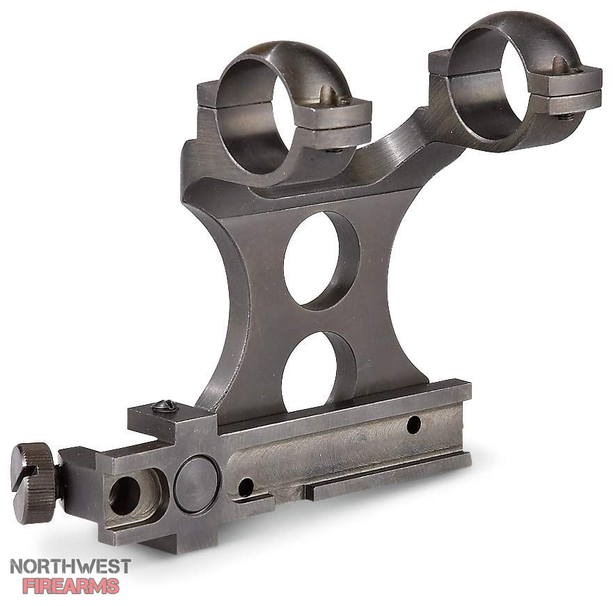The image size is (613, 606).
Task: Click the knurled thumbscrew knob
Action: point(33,483)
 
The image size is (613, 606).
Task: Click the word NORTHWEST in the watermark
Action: point(70,566)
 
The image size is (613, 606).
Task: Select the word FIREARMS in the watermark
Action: point(71,586)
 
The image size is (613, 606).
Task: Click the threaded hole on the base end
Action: point(125,496)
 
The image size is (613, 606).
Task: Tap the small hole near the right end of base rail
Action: point(413,424)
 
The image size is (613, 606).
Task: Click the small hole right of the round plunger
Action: point(246,487)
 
